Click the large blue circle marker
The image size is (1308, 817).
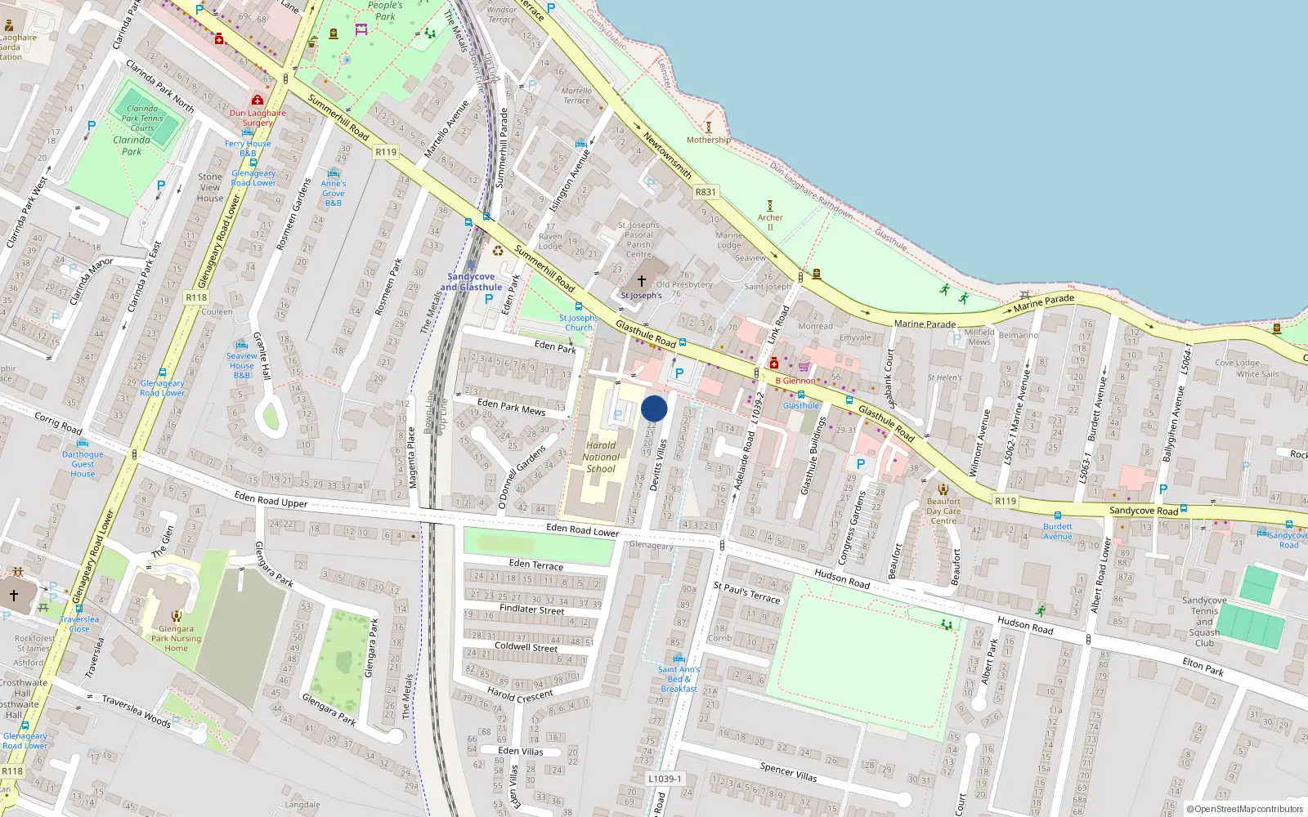pos(654,408)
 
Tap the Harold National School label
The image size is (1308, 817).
pos(601,457)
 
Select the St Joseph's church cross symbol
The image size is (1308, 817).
pos(642,280)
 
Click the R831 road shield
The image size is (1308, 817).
pos(706,192)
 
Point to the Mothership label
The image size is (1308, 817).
pos(708,140)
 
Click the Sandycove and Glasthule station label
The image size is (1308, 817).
pos(471,282)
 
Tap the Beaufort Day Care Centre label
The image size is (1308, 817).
pos(943,511)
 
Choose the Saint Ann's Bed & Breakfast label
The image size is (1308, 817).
pos(679,679)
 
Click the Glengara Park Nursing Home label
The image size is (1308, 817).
pos(176,639)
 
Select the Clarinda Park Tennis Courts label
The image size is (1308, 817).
pos(142,118)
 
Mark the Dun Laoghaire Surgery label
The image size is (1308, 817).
pos(258,118)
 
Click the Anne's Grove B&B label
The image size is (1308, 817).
pos(333,193)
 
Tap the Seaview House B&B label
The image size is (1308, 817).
pos(242,365)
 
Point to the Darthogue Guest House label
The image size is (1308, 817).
pos(83,464)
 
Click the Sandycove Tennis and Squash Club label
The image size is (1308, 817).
pos(1204,622)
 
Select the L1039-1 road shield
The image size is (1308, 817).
pos(664,779)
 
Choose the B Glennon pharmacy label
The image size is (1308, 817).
pos(795,381)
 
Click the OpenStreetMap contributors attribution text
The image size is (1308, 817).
pos(1245,809)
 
